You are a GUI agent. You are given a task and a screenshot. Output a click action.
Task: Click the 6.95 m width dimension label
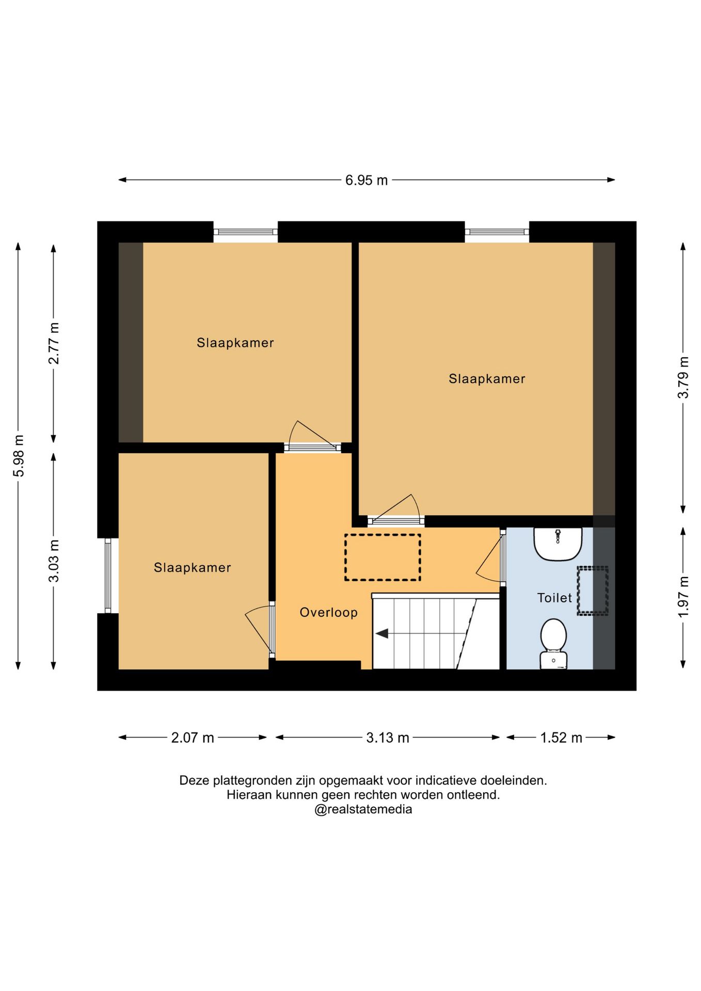(366, 180)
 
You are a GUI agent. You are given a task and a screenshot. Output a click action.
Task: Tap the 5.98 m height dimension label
(19, 456)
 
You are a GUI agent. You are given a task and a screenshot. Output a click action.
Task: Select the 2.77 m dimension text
(54, 343)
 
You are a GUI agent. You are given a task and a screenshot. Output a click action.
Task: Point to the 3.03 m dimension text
(54, 561)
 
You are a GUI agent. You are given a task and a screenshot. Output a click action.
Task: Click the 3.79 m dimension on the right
(683, 377)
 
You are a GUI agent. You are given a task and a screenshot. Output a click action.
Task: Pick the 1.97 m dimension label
(683, 597)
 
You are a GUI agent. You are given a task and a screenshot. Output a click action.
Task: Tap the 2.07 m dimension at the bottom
(193, 738)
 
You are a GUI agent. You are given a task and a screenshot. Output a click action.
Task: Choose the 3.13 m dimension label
(388, 738)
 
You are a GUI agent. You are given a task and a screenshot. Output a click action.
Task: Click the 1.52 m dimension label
(561, 738)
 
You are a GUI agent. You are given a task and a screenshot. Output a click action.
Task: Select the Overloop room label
(329, 612)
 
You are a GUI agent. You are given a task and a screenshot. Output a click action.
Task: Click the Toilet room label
(554, 598)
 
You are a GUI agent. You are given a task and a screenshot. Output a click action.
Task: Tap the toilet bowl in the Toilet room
(553, 644)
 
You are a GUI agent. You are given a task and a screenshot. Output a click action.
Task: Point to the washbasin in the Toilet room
(558, 544)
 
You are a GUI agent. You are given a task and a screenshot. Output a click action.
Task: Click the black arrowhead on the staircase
(382, 633)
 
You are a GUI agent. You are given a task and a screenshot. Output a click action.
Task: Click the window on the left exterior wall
(108, 576)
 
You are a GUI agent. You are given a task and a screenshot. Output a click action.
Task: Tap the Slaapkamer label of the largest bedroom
(487, 379)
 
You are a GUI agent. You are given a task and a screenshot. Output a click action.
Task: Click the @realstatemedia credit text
(363, 809)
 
